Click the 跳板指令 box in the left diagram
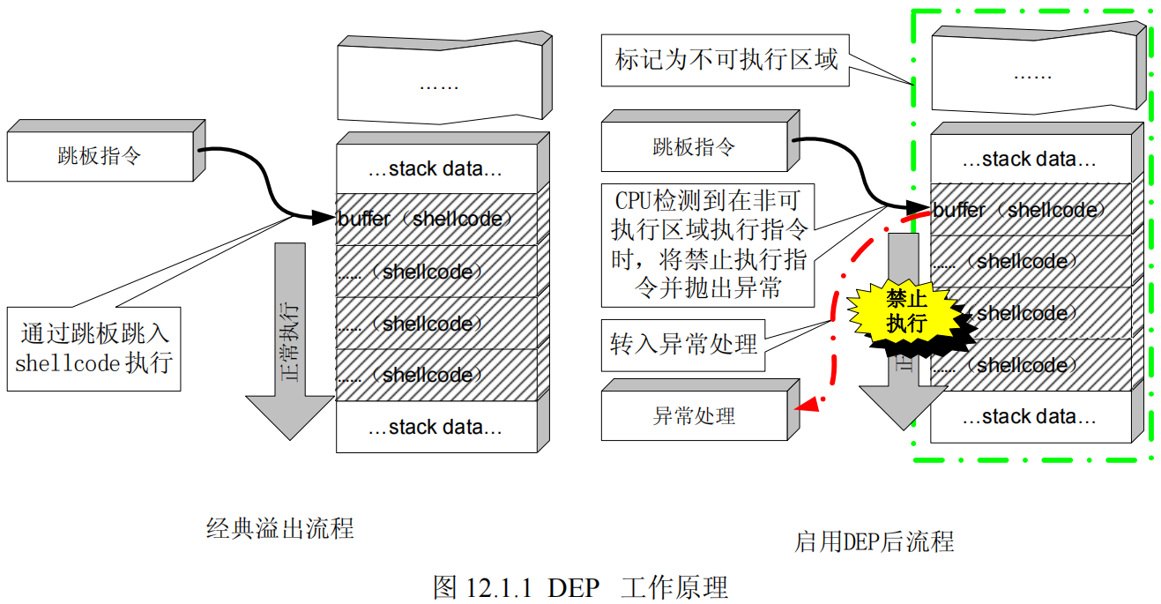tap(100, 157)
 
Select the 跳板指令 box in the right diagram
tap(694, 147)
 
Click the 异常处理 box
tap(694, 415)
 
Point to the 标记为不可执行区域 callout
tap(725, 61)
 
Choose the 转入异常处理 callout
tap(683, 344)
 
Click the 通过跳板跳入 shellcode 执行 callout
tap(94, 348)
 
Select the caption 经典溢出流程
tap(280, 528)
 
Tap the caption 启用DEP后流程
tap(874, 541)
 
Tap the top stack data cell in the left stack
tap(436, 168)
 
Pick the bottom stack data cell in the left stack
tap(436, 428)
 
